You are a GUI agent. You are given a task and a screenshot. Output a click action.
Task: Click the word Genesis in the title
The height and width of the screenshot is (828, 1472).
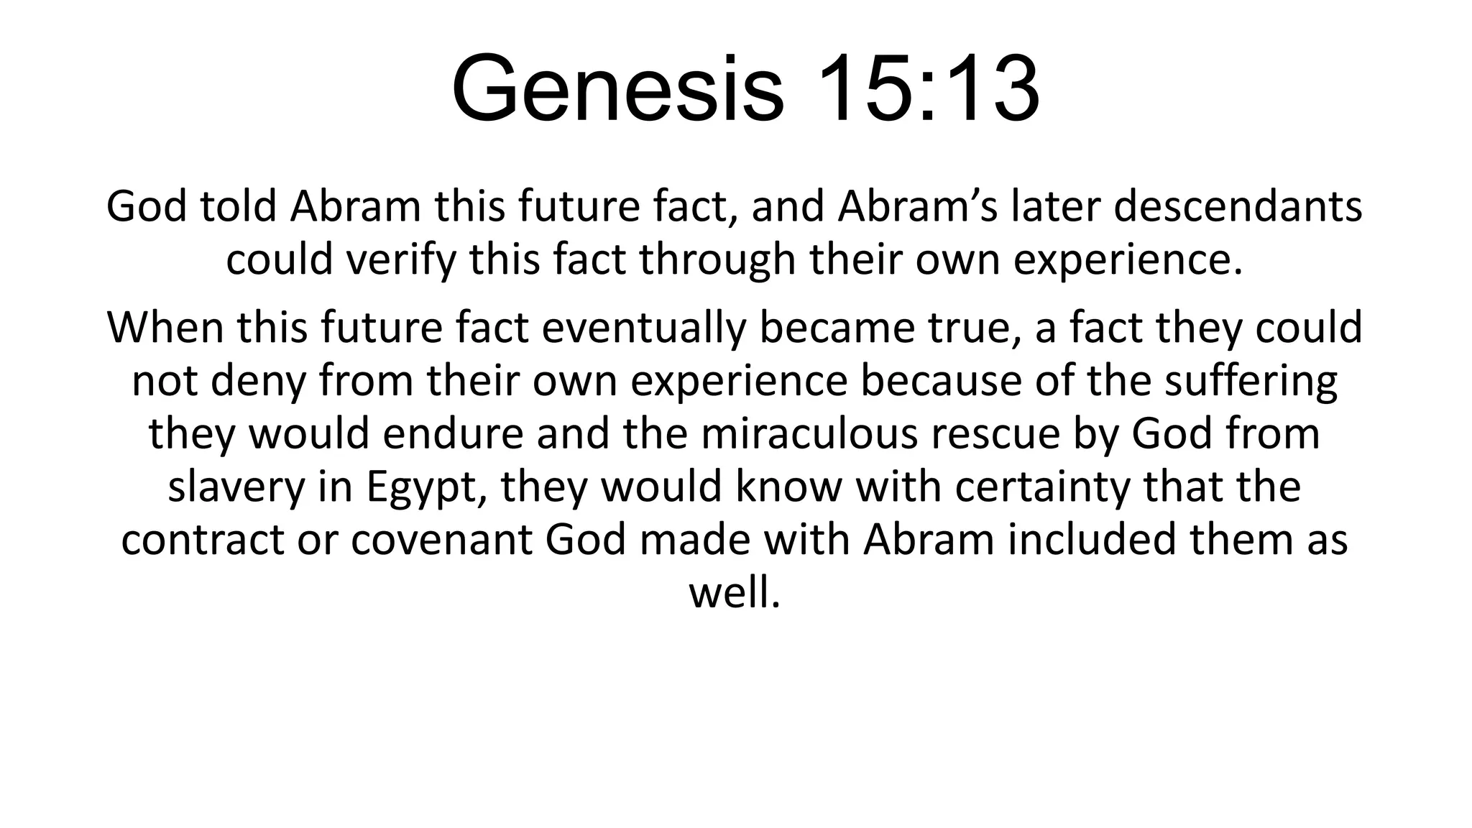coord(617,89)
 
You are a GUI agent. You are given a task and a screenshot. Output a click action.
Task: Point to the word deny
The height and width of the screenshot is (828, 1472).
coord(258,381)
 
